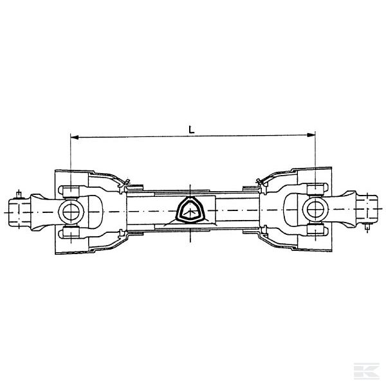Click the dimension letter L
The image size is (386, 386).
point(191,129)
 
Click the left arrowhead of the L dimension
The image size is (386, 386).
point(73,136)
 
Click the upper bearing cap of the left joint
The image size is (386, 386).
point(69,190)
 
